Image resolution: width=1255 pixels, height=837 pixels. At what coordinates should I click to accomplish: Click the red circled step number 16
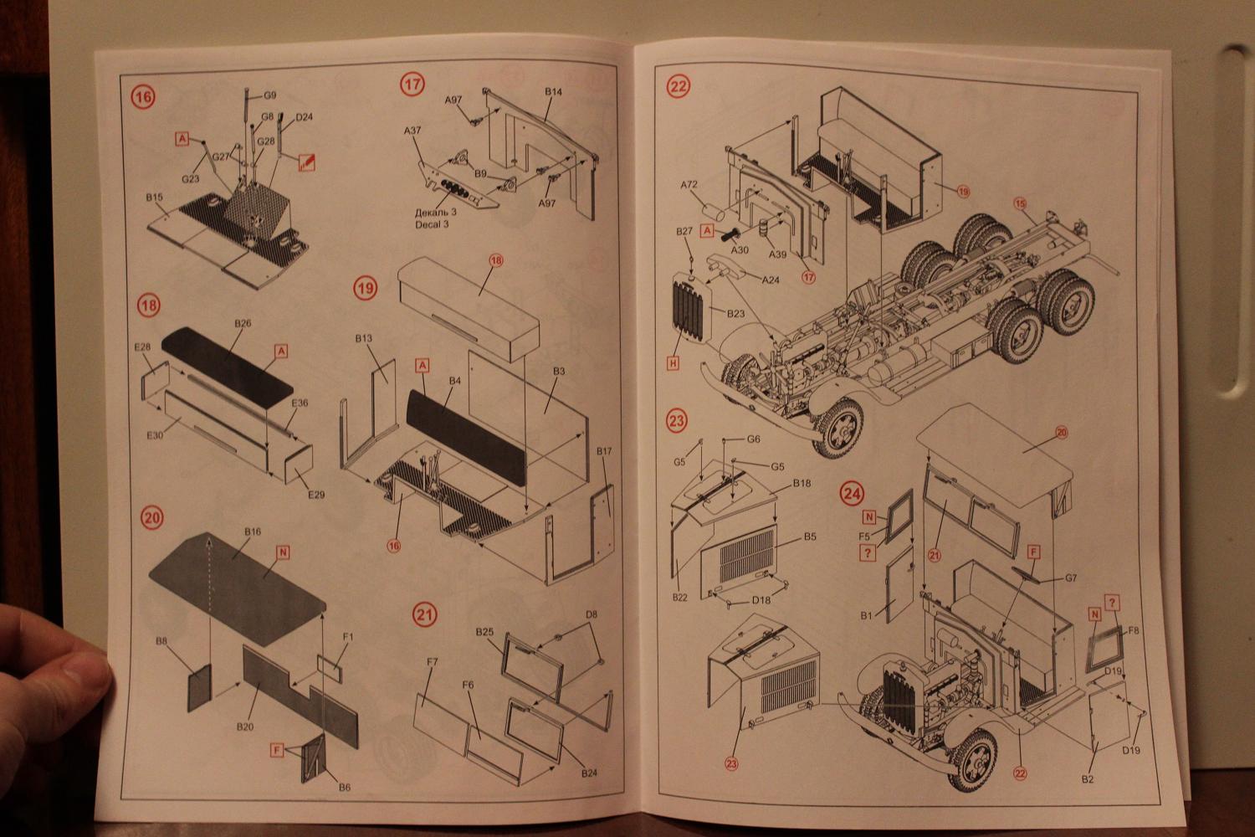click(x=143, y=97)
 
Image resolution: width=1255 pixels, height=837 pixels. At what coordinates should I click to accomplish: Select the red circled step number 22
click(x=678, y=86)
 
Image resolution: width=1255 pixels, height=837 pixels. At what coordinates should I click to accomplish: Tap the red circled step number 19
click(x=366, y=289)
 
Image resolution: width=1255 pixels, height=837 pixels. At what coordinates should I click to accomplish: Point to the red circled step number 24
click(x=852, y=494)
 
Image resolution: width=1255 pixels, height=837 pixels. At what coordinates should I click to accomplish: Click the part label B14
click(x=554, y=91)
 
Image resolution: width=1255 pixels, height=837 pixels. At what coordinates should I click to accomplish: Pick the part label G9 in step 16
click(x=269, y=95)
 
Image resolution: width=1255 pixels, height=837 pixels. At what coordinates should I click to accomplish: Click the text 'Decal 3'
click(x=432, y=224)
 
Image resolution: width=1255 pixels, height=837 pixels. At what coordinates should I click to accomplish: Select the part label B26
click(x=243, y=323)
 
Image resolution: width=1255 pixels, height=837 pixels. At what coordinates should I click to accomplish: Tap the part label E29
click(x=315, y=495)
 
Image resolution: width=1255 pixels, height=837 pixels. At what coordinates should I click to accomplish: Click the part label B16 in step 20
click(x=253, y=531)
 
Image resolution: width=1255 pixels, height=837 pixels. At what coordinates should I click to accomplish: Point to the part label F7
click(x=432, y=662)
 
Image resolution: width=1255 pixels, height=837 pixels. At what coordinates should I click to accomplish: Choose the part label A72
click(x=689, y=184)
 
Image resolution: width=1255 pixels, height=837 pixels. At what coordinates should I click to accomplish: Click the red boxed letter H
click(x=673, y=363)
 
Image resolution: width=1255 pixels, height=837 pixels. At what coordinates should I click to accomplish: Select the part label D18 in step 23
click(x=761, y=600)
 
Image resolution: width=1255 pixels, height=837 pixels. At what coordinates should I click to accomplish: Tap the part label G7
click(x=1071, y=578)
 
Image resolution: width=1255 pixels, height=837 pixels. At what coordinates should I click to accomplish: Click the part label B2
click(x=1087, y=779)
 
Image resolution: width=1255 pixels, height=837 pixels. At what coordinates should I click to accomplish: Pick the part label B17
click(x=604, y=451)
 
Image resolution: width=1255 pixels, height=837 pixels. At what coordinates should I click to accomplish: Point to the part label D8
click(x=592, y=614)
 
